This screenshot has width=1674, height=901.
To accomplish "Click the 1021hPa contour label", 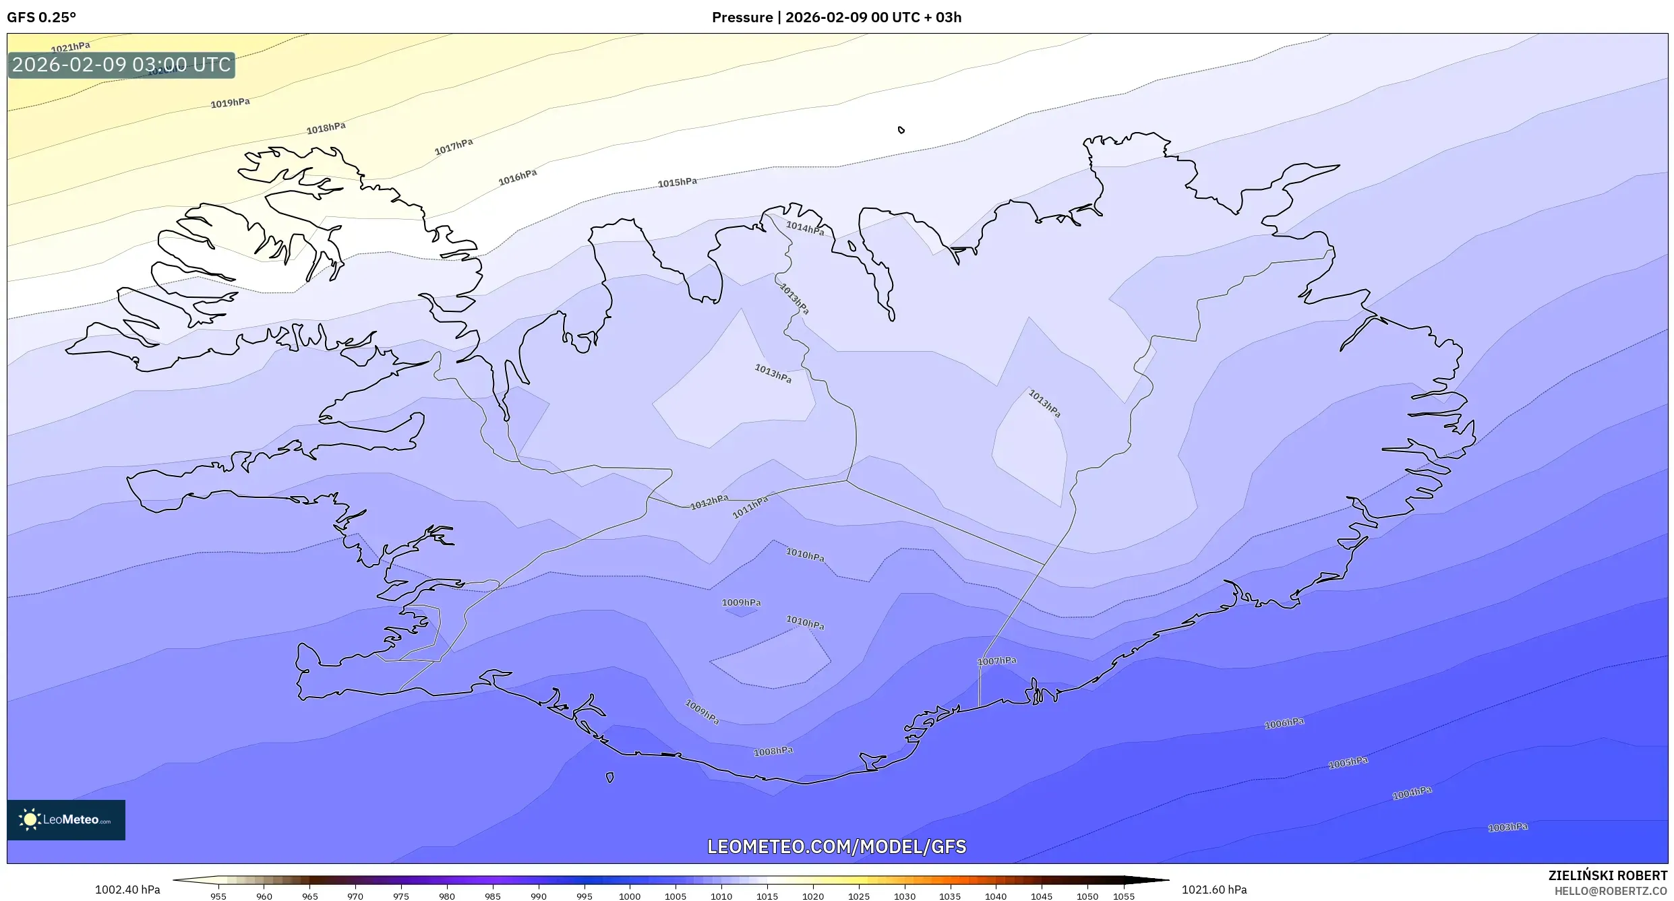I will point(71,46).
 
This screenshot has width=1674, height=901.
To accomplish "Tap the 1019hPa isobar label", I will point(230,102).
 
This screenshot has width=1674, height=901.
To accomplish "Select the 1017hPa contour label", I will point(454,146).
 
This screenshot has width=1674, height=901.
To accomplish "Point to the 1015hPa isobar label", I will point(678,182).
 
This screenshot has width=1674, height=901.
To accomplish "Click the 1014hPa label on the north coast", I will point(805,228).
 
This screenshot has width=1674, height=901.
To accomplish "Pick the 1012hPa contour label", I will point(709,502).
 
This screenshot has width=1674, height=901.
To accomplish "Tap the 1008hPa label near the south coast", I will point(773,751).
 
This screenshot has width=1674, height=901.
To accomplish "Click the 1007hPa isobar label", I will point(996,661).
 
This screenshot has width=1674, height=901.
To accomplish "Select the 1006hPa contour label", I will point(1284,723).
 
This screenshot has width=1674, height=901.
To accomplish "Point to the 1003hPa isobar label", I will point(1508,827).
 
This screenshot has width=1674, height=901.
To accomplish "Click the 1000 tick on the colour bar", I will point(630,896).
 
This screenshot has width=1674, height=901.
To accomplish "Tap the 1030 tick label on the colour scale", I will point(904,896).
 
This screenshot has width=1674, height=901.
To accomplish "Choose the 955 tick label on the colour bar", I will point(218,896).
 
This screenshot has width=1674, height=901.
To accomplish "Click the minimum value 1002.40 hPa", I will point(127,890).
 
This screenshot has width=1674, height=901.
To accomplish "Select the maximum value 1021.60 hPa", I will point(1214,890).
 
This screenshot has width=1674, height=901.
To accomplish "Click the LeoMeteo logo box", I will point(66,819).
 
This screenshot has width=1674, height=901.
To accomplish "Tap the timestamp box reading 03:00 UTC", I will point(121,65).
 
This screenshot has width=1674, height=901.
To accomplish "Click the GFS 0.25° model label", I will point(42,17).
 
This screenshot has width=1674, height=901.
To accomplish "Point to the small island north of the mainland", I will point(901,130).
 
